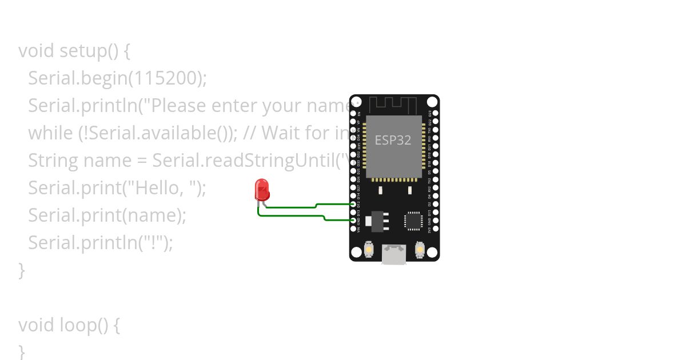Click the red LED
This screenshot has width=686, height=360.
(262, 189)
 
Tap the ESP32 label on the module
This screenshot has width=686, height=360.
(393, 140)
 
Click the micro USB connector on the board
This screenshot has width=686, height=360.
(394, 254)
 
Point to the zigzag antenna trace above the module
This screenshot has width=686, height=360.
(393, 105)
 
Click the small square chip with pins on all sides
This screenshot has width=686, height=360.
(413, 221)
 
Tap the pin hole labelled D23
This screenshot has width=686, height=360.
(435, 113)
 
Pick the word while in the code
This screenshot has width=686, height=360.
(50, 133)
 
